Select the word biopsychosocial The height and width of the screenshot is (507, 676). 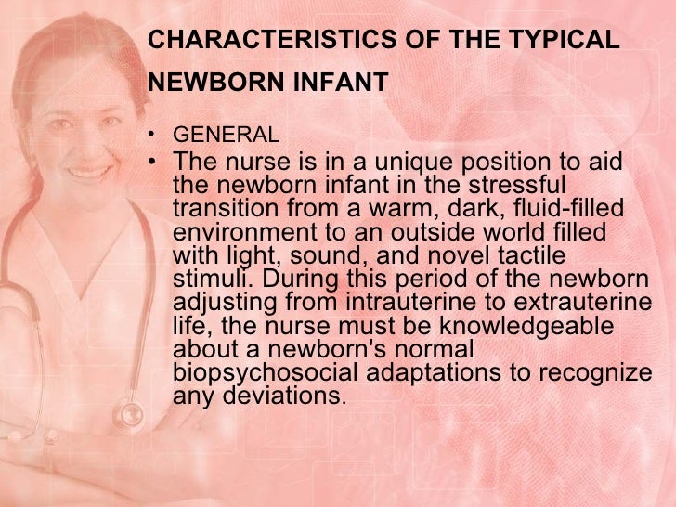pos(263,371)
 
